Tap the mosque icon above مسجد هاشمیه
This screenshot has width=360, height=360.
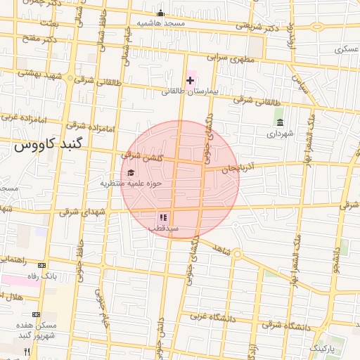(x=160, y=13)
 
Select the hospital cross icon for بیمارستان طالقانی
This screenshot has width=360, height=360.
(x=190, y=81)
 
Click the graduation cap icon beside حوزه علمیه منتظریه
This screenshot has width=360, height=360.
(x=130, y=173)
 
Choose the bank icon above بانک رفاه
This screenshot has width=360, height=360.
(x=41, y=265)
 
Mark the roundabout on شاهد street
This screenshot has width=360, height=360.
(x=237, y=254)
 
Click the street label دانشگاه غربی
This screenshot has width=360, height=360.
(x=206, y=317)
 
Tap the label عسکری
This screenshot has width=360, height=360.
(x=347, y=50)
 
